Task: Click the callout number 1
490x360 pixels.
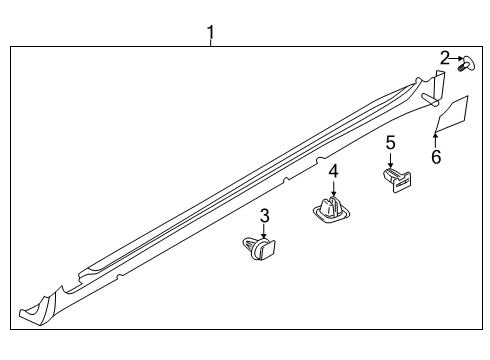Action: (x=211, y=33)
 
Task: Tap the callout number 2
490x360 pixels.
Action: (x=445, y=59)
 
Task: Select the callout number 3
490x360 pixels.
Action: (x=265, y=215)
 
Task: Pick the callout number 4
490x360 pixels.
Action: (x=333, y=172)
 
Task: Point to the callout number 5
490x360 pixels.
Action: (x=391, y=143)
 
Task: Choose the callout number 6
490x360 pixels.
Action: (x=435, y=157)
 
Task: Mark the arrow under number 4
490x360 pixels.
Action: (x=333, y=189)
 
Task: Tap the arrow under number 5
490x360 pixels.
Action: (x=391, y=159)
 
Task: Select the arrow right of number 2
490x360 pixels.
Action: (x=455, y=60)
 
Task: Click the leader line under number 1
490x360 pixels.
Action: (x=211, y=44)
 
